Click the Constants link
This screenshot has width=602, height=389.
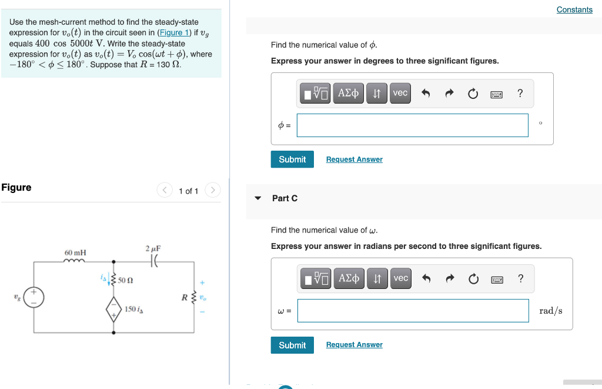(x=574, y=9)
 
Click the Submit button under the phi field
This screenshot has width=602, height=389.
(x=292, y=159)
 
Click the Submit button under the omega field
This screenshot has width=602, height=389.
(x=292, y=345)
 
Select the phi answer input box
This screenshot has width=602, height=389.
(x=412, y=125)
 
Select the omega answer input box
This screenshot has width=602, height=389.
(x=413, y=311)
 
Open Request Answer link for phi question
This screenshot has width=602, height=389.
(x=354, y=159)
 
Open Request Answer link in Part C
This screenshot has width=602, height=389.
(x=354, y=345)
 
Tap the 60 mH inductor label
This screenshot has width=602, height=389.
(x=75, y=253)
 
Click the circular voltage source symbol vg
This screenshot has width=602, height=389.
(x=34, y=297)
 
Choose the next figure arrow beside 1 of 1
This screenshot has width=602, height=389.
(x=213, y=190)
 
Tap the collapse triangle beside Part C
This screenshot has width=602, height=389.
(x=257, y=198)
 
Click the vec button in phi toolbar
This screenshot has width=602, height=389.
(x=400, y=93)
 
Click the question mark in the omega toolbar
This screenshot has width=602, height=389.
(x=520, y=278)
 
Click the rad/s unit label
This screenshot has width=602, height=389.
(x=550, y=311)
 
